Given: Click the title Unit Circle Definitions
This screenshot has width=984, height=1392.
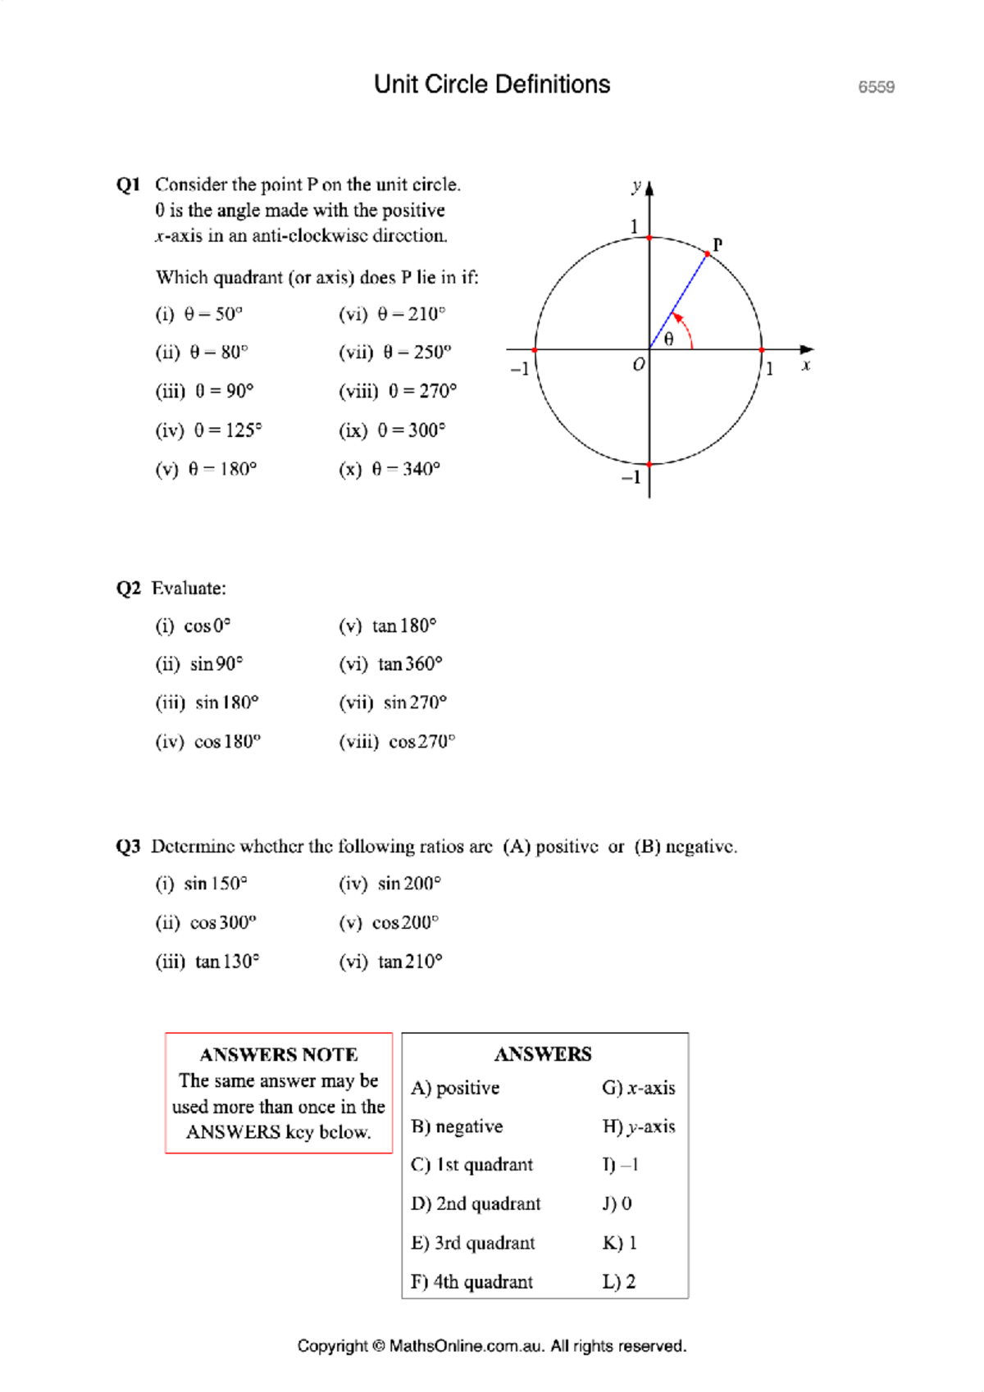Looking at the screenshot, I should coord(492,84).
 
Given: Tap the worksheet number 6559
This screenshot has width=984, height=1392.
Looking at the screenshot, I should coord(876,87).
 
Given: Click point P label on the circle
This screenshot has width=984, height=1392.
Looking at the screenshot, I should coord(717,244).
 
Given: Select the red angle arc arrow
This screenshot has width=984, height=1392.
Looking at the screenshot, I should coord(686,328).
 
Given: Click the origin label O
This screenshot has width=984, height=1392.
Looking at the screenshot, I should coord(638,365).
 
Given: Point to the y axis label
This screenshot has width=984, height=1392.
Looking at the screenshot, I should coord(636,185).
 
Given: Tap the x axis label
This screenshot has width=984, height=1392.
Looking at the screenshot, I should coord(806,366).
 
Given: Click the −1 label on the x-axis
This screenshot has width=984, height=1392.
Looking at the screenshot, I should coord(519,369).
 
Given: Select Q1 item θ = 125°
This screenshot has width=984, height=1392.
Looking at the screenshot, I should coord(209,430).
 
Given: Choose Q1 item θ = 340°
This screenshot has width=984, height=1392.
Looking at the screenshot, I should coord(389,469).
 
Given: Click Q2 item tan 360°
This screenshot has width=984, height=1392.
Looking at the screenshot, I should coord(391,664).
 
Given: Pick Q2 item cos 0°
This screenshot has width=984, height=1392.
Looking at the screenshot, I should coord(194,626).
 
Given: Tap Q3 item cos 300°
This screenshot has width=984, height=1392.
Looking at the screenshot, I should coord(207,923).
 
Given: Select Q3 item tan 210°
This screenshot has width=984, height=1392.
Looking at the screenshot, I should coord(391,962).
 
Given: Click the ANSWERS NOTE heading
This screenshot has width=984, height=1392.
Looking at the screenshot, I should coord(279,1054).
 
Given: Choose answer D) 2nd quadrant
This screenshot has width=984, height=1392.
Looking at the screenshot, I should coord(476,1203).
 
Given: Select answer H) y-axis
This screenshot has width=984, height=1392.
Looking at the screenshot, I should coord(639,1126).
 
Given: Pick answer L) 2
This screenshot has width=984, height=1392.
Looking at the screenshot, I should coord(619,1281).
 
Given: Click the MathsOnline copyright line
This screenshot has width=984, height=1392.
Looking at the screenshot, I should coord(492,1346).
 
